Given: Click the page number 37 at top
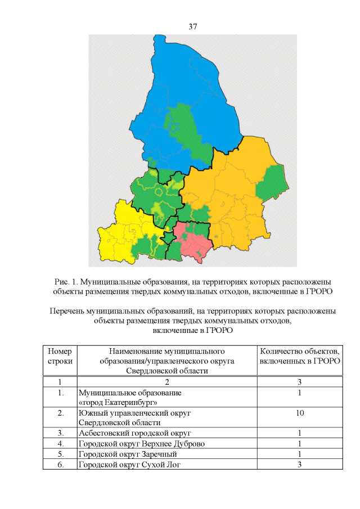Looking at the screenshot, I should tap(192, 26).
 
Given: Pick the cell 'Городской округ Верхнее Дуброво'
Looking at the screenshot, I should tap(141, 444).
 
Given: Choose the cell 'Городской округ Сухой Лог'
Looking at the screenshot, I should tap(130, 464).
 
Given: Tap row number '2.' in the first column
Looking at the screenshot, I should tap(60, 413).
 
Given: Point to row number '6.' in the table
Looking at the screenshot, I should tap(60, 464).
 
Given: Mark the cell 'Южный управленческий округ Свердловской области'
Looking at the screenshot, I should tap(135, 417).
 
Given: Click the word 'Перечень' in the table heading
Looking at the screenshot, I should tap(66, 311).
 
